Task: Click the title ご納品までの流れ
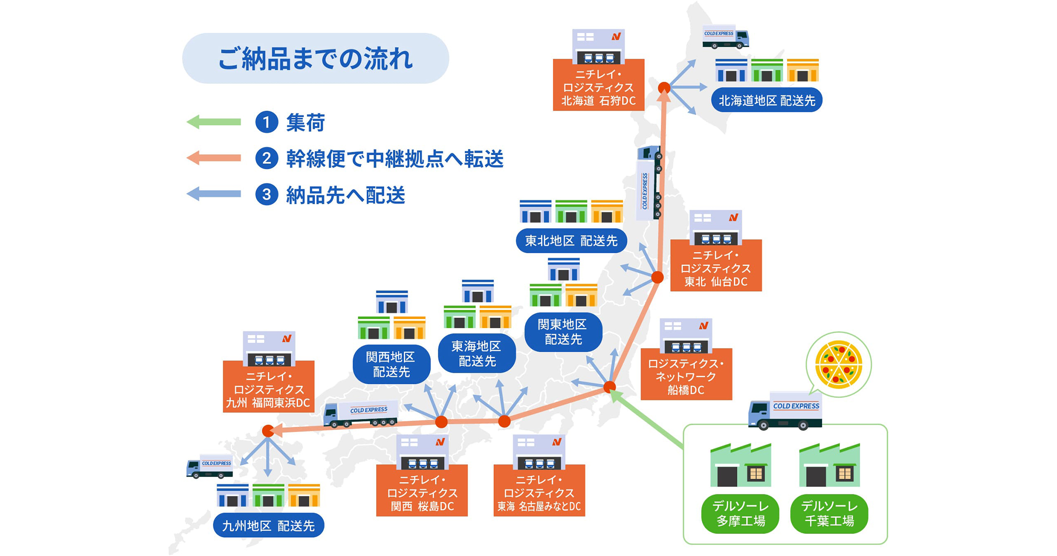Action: click(315, 59)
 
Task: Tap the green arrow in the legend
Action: click(214, 122)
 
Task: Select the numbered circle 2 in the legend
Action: click(267, 159)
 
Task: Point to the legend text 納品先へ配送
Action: click(345, 195)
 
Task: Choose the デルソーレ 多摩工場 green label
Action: click(740, 513)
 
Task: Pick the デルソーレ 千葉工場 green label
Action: click(829, 513)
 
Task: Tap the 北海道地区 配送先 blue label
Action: click(766, 100)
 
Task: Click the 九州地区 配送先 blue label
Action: click(269, 525)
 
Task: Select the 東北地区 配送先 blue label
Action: click(571, 241)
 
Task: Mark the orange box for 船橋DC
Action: click(686, 376)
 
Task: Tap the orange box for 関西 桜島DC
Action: click(422, 492)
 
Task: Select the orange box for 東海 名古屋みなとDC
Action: click(539, 492)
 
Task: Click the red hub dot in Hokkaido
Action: click(664, 87)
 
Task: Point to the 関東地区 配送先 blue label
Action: click(563, 332)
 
